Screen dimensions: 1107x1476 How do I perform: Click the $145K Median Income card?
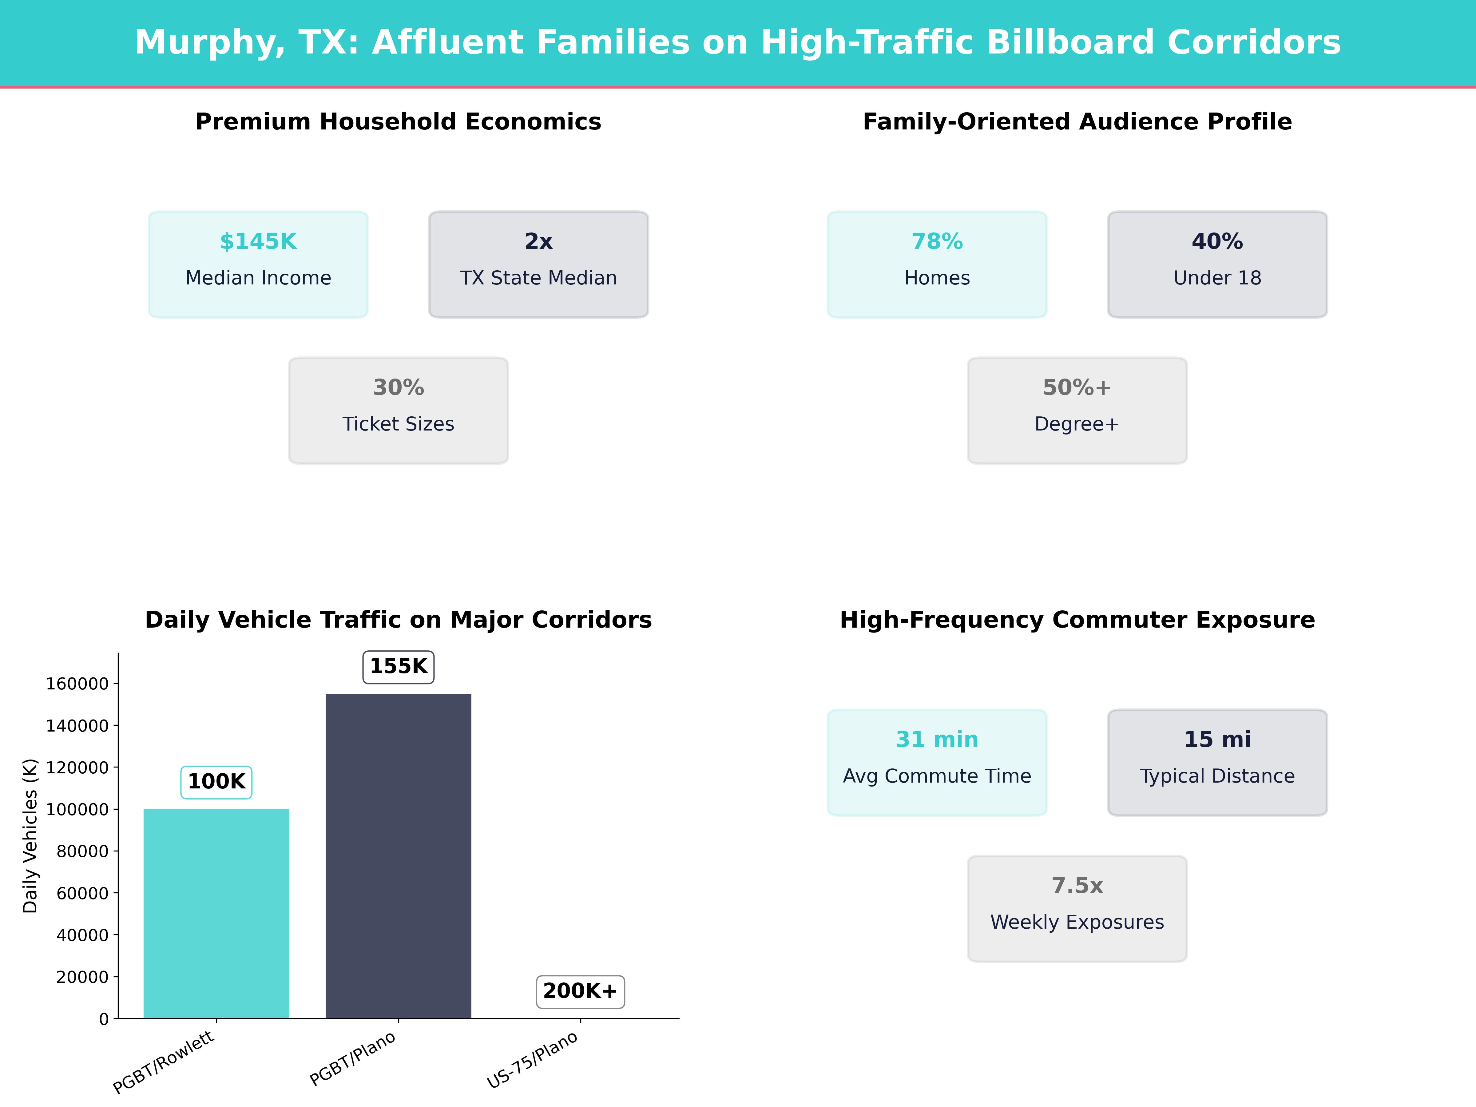(x=258, y=264)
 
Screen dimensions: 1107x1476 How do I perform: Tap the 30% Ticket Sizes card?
(x=398, y=411)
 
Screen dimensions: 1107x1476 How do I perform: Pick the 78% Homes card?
(x=937, y=264)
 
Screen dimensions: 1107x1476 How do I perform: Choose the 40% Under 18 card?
(x=1217, y=264)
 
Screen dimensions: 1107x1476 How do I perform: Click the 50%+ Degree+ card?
(x=1077, y=411)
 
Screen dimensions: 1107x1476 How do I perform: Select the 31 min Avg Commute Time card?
(x=937, y=762)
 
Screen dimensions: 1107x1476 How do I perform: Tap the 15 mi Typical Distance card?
(x=1217, y=762)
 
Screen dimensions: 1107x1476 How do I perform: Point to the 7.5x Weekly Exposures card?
(x=1077, y=908)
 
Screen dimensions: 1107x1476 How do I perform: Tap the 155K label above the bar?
(x=398, y=667)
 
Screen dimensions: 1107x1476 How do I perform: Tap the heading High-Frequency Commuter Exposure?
(x=1077, y=620)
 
